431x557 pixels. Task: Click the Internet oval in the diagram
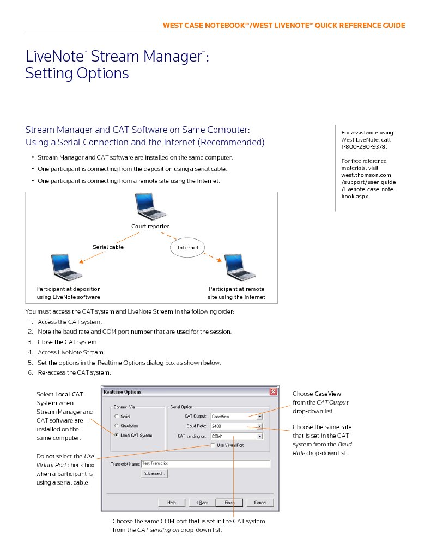click(x=188, y=248)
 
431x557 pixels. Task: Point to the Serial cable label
click(x=108, y=247)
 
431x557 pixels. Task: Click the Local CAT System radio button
click(x=116, y=436)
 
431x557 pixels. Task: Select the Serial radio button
click(x=116, y=417)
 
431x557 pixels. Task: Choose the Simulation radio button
click(x=116, y=426)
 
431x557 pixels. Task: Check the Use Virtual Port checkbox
click(x=213, y=445)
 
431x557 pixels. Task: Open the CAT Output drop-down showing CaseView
click(x=260, y=417)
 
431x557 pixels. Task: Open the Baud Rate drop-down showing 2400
click(x=260, y=426)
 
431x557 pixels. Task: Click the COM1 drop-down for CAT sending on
click(x=260, y=436)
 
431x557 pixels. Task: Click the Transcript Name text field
click(x=205, y=464)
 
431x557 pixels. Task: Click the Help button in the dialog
click(x=172, y=503)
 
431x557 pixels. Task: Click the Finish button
click(x=229, y=503)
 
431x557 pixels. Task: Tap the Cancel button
click(x=260, y=503)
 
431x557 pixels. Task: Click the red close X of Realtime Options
click(x=273, y=392)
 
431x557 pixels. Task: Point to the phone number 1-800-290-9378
click(x=363, y=147)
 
